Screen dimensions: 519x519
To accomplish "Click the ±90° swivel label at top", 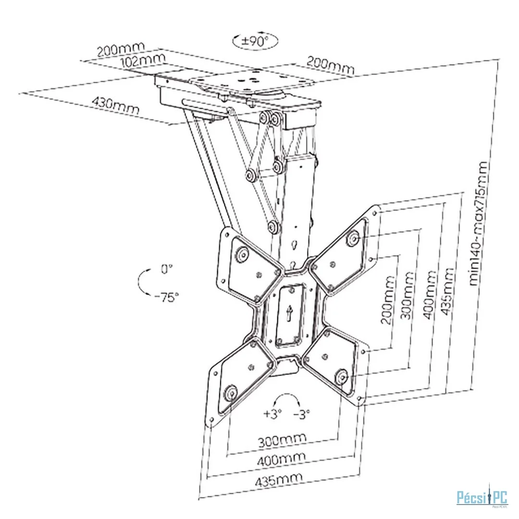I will click(255, 41).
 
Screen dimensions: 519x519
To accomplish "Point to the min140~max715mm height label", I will click(480, 224).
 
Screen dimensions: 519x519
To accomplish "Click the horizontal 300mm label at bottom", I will click(282, 440).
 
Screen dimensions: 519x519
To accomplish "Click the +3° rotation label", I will click(272, 413).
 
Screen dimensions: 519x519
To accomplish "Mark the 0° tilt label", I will click(167, 270).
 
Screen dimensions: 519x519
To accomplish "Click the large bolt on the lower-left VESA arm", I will click(230, 393).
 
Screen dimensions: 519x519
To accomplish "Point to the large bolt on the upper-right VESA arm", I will click(354, 238).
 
